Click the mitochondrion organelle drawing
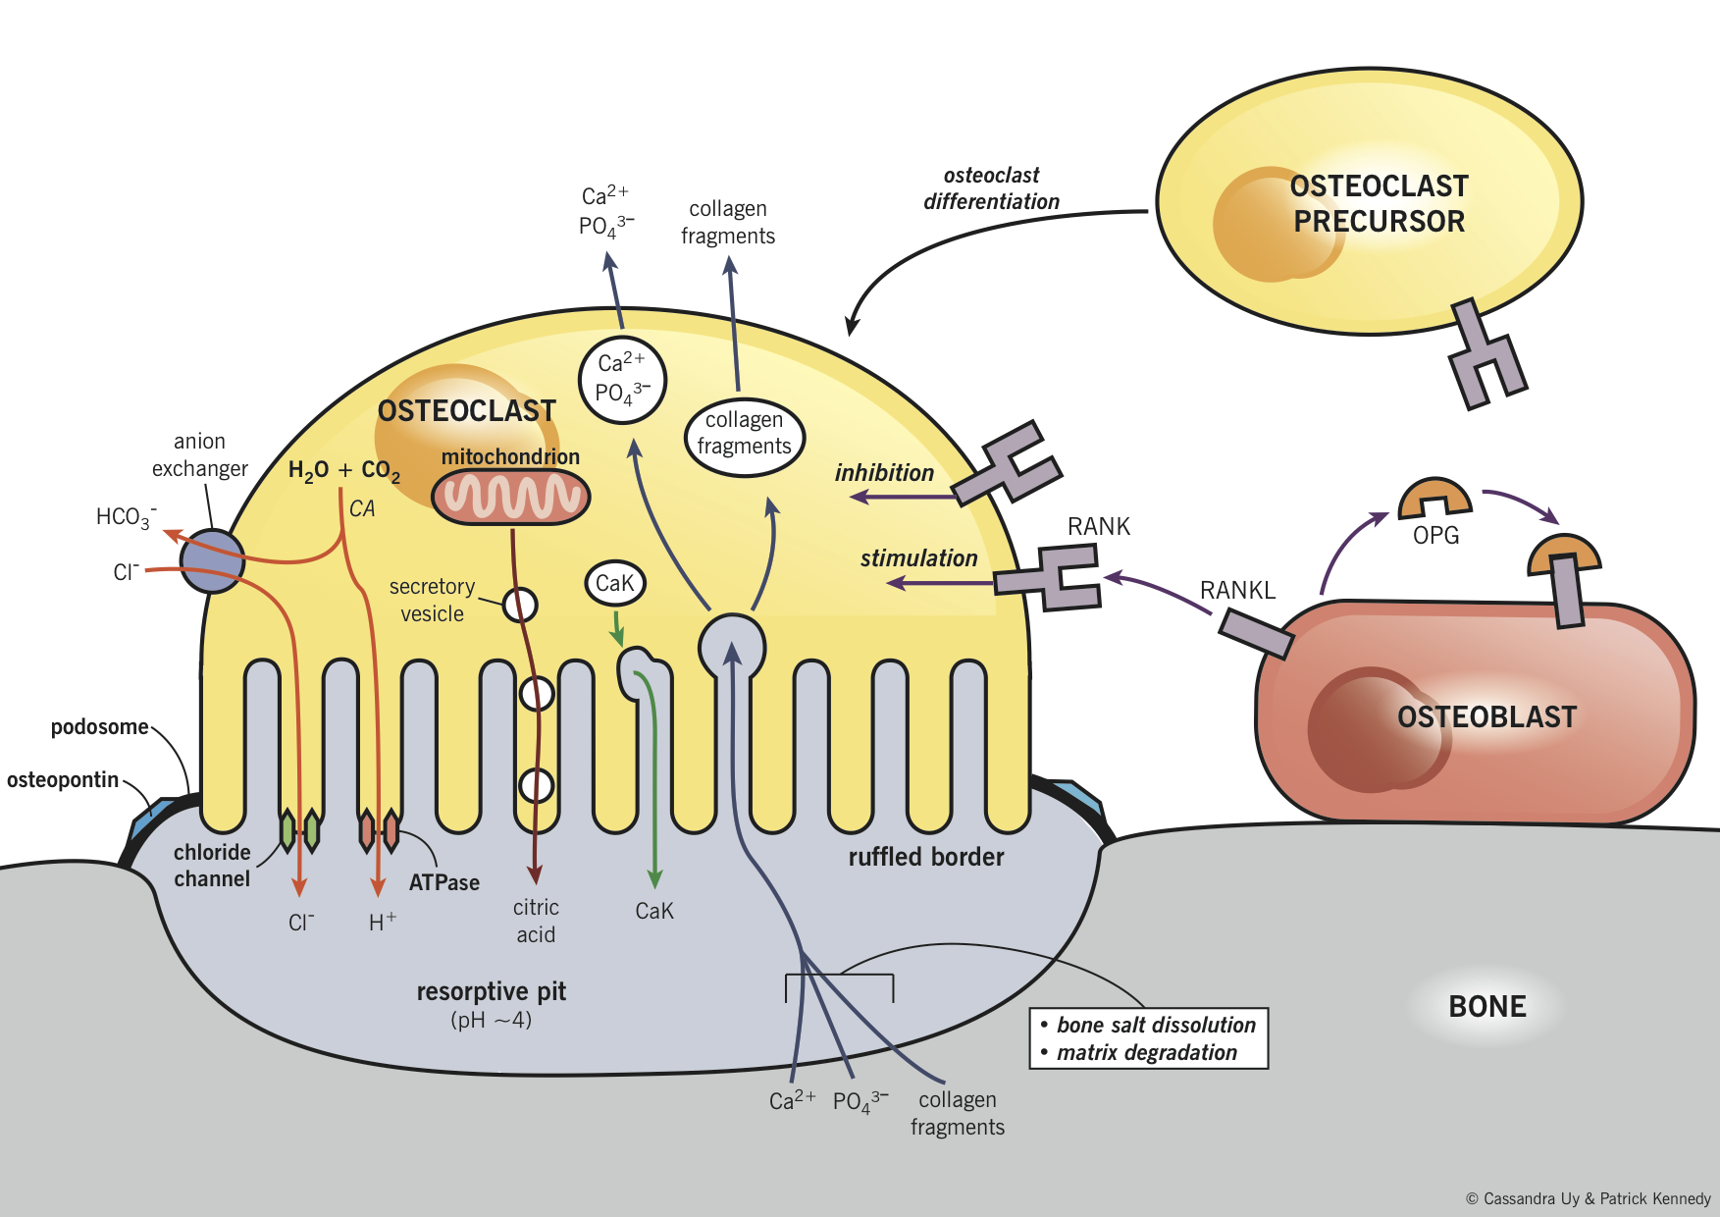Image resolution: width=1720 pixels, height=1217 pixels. [x=510, y=497]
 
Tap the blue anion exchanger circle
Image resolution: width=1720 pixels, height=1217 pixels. [x=212, y=561]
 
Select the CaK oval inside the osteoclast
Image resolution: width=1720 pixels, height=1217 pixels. [x=615, y=583]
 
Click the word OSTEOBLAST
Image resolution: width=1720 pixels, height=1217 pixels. [x=1486, y=717]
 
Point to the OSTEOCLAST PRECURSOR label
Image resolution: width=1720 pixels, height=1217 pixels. [x=1379, y=204]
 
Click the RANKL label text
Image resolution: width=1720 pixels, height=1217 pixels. [x=1237, y=590]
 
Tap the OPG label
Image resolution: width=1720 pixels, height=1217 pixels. [x=1435, y=536]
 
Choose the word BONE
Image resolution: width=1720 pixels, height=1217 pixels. [x=1487, y=1007]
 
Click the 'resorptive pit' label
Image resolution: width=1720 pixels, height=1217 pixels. [x=491, y=991]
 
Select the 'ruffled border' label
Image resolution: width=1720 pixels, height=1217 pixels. [x=926, y=858]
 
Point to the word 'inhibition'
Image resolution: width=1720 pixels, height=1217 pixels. [x=884, y=473]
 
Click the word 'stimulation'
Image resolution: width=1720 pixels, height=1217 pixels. [x=918, y=558]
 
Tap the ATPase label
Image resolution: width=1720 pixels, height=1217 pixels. [x=444, y=882]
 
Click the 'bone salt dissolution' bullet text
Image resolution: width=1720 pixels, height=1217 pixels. [x=1156, y=1025]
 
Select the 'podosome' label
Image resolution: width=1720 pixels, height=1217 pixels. [x=99, y=727]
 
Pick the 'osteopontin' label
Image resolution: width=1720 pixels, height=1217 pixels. [x=63, y=780]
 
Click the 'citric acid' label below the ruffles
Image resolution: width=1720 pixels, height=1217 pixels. [x=536, y=921]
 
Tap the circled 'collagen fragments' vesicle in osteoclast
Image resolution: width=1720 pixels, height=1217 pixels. [x=744, y=434]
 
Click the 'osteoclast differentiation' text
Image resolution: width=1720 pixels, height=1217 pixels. [x=991, y=188]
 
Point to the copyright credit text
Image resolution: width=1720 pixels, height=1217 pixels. [x=1588, y=1198]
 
